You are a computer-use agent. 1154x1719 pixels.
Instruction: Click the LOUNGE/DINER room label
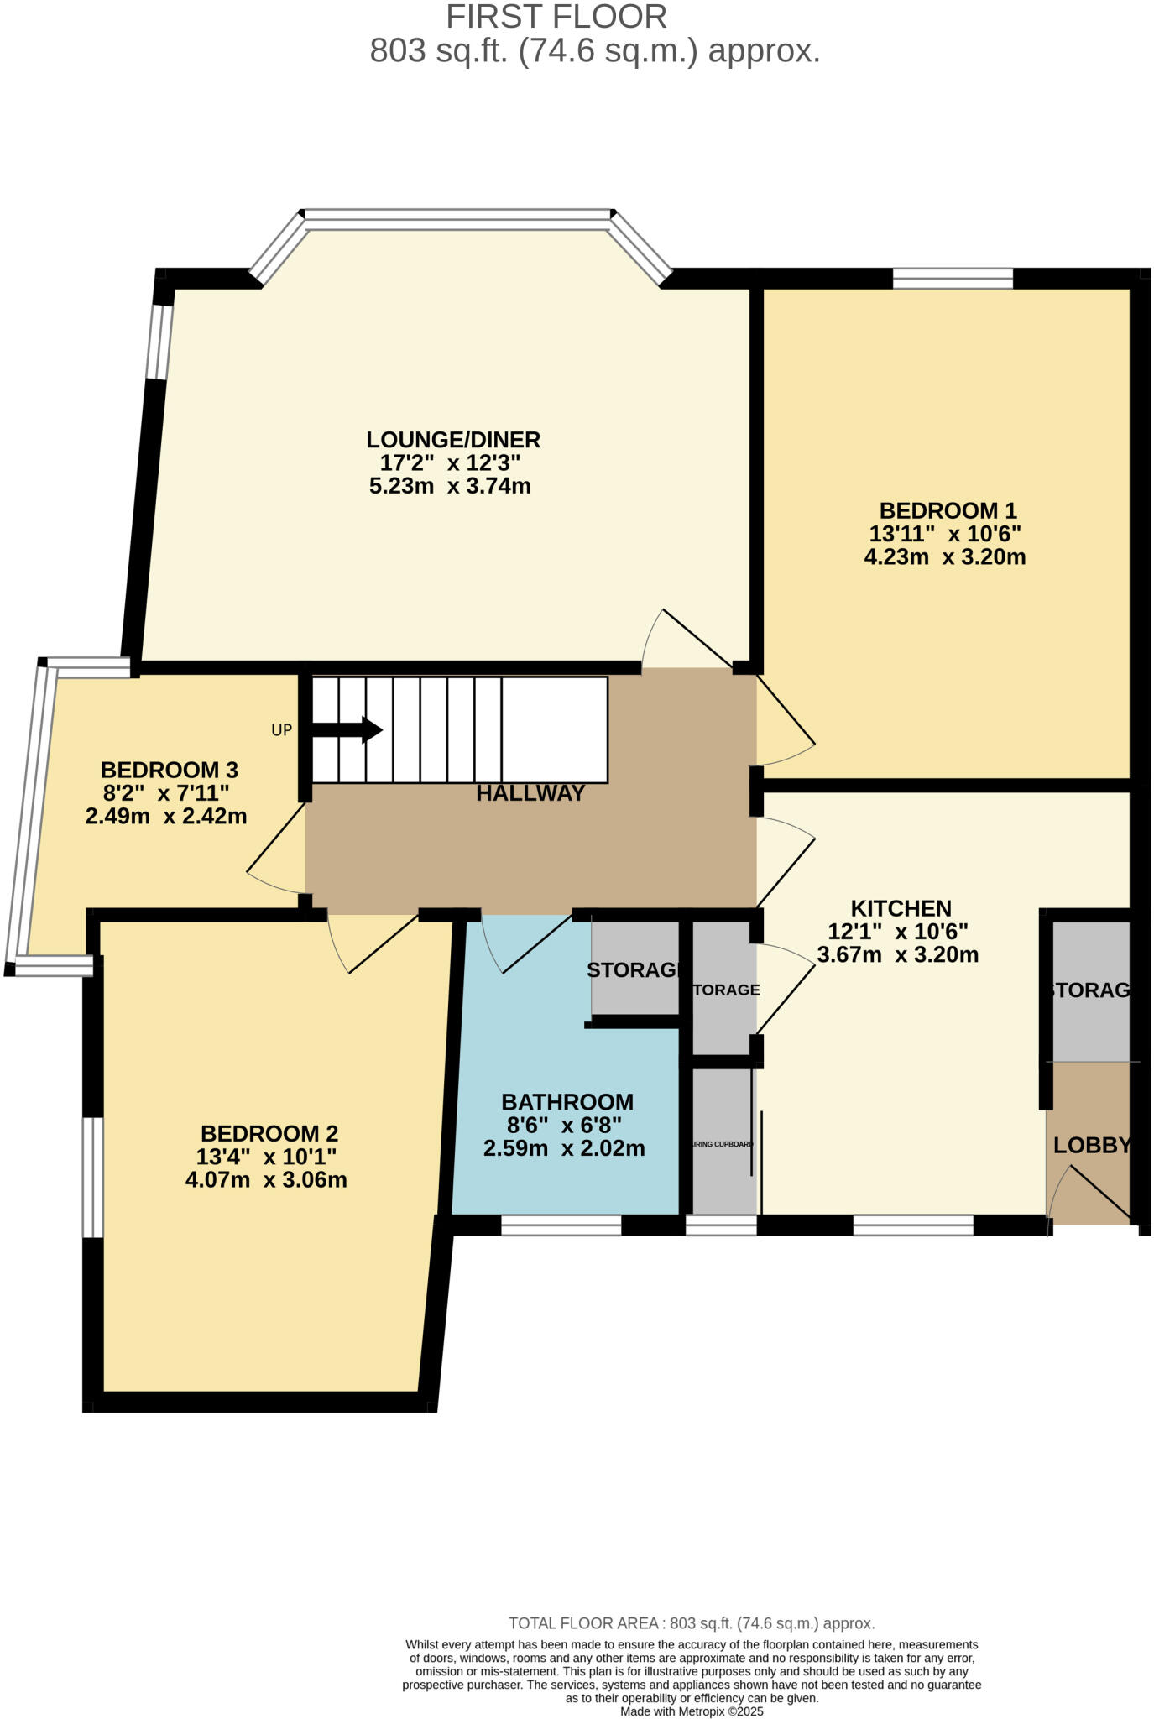click(x=453, y=439)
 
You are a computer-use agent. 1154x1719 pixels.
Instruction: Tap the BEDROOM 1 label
click(x=947, y=510)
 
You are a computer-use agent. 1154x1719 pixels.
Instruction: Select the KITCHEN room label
click(x=901, y=908)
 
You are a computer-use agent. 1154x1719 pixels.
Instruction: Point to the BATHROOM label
click(x=567, y=1101)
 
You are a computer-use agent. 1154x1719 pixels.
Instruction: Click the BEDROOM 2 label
click(x=269, y=1133)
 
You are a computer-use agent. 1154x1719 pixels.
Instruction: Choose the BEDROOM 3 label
click(x=169, y=770)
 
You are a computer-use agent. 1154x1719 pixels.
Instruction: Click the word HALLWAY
click(x=530, y=793)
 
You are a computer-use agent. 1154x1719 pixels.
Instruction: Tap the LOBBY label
click(x=1091, y=1145)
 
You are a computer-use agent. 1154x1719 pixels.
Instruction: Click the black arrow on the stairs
click(x=348, y=729)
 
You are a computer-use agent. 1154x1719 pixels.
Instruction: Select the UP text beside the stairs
click(x=281, y=730)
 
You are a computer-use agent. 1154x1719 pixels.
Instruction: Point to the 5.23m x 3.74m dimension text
click(x=450, y=486)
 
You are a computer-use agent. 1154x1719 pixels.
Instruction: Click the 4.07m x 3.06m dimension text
click(x=266, y=1179)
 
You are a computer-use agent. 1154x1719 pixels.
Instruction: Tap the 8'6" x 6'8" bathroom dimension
click(x=564, y=1125)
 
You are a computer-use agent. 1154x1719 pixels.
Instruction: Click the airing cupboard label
click(x=723, y=1144)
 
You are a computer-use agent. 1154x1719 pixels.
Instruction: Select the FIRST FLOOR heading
click(x=556, y=17)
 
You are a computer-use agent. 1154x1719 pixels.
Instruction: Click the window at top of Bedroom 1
click(x=953, y=278)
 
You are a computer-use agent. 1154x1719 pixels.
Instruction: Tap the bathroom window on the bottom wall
click(x=561, y=1225)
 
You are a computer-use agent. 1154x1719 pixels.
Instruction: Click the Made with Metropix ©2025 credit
click(x=692, y=1711)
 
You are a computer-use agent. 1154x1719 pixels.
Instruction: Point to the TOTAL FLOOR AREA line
click(x=692, y=1623)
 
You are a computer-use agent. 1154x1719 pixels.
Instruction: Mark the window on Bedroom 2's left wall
click(x=92, y=1177)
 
